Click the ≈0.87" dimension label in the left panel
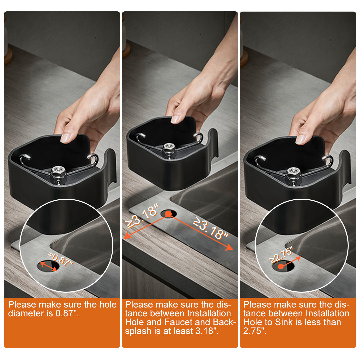pos(61,259)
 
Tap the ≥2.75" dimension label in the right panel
pos(281,254)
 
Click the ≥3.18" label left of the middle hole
pos(142,216)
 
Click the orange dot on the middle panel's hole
pos(168,214)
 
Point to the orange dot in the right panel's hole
pos(281,267)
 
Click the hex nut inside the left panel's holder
pos(58,174)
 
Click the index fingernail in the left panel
pos(65,138)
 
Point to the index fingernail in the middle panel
pos(175,119)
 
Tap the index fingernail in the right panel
pos(300,140)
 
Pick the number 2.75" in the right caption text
pos(255,331)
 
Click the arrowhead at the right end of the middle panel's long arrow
pos(229,247)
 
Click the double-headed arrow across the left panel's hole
pos(49,266)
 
